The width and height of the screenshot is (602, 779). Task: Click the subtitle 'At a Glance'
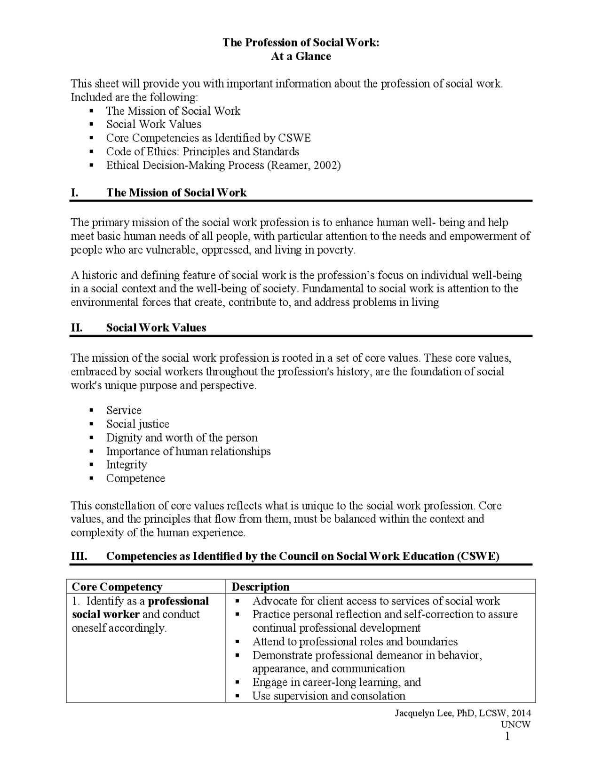pos(301,56)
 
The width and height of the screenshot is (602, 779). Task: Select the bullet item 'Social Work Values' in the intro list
pos(154,125)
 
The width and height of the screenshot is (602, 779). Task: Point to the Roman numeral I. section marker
pos(74,193)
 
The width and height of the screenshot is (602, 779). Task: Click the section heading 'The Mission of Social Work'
pos(176,193)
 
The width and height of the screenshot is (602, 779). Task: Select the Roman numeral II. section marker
pos(77,328)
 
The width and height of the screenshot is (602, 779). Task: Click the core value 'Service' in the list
pos(124,411)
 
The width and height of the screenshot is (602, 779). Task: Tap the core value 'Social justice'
pos(138,424)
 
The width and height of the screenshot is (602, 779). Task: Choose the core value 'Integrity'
pos(127,465)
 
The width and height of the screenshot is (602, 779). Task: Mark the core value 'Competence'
pos(135,479)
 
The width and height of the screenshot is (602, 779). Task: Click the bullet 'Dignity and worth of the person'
pos(182,438)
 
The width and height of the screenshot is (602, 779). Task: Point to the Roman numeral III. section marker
pos(79,556)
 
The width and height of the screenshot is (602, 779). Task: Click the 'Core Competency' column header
pos(117,587)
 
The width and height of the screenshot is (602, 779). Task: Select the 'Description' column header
pos(261,587)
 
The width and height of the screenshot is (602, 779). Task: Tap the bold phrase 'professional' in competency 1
pos(178,602)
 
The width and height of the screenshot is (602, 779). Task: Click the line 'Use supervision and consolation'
pos(329,696)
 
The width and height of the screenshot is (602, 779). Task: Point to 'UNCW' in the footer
pos(515,724)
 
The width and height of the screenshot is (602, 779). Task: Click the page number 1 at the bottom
pos(507,737)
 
